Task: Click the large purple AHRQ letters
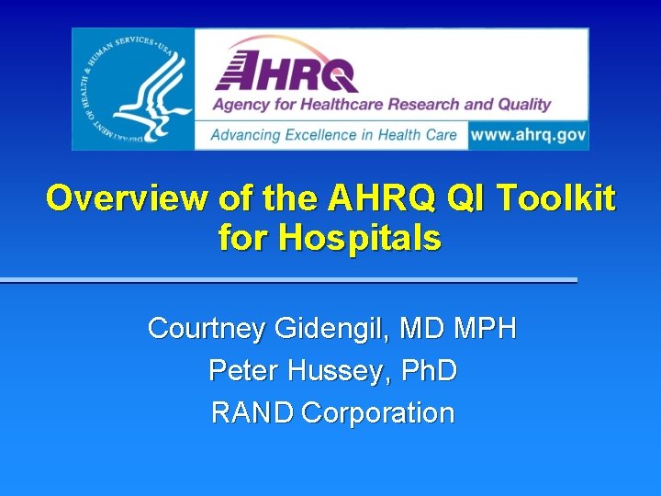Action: click(286, 70)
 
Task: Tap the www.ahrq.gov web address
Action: click(527, 134)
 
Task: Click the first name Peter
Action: click(244, 371)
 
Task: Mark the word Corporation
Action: click(377, 413)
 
